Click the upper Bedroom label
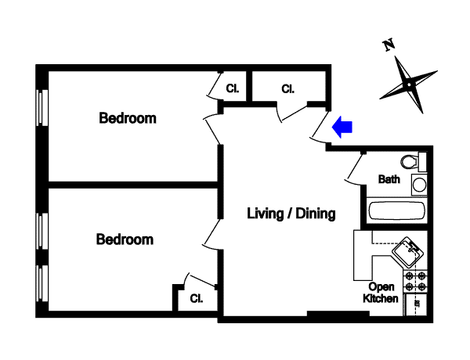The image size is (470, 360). (128, 119)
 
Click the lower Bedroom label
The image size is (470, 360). (125, 239)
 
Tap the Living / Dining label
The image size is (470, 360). (291, 213)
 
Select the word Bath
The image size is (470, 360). (389, 179)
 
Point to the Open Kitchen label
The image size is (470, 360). (382, 293)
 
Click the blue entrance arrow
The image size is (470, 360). (343, 126)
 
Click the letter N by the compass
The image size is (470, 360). (388, 45)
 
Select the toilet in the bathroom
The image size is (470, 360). (411, 161)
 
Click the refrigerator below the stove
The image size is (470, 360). (415, 304)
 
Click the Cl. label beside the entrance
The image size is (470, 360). (287, 88)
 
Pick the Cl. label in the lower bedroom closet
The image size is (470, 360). (196, 297)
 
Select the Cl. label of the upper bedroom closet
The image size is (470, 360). (233, 88)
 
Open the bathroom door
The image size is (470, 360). (353, 167)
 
